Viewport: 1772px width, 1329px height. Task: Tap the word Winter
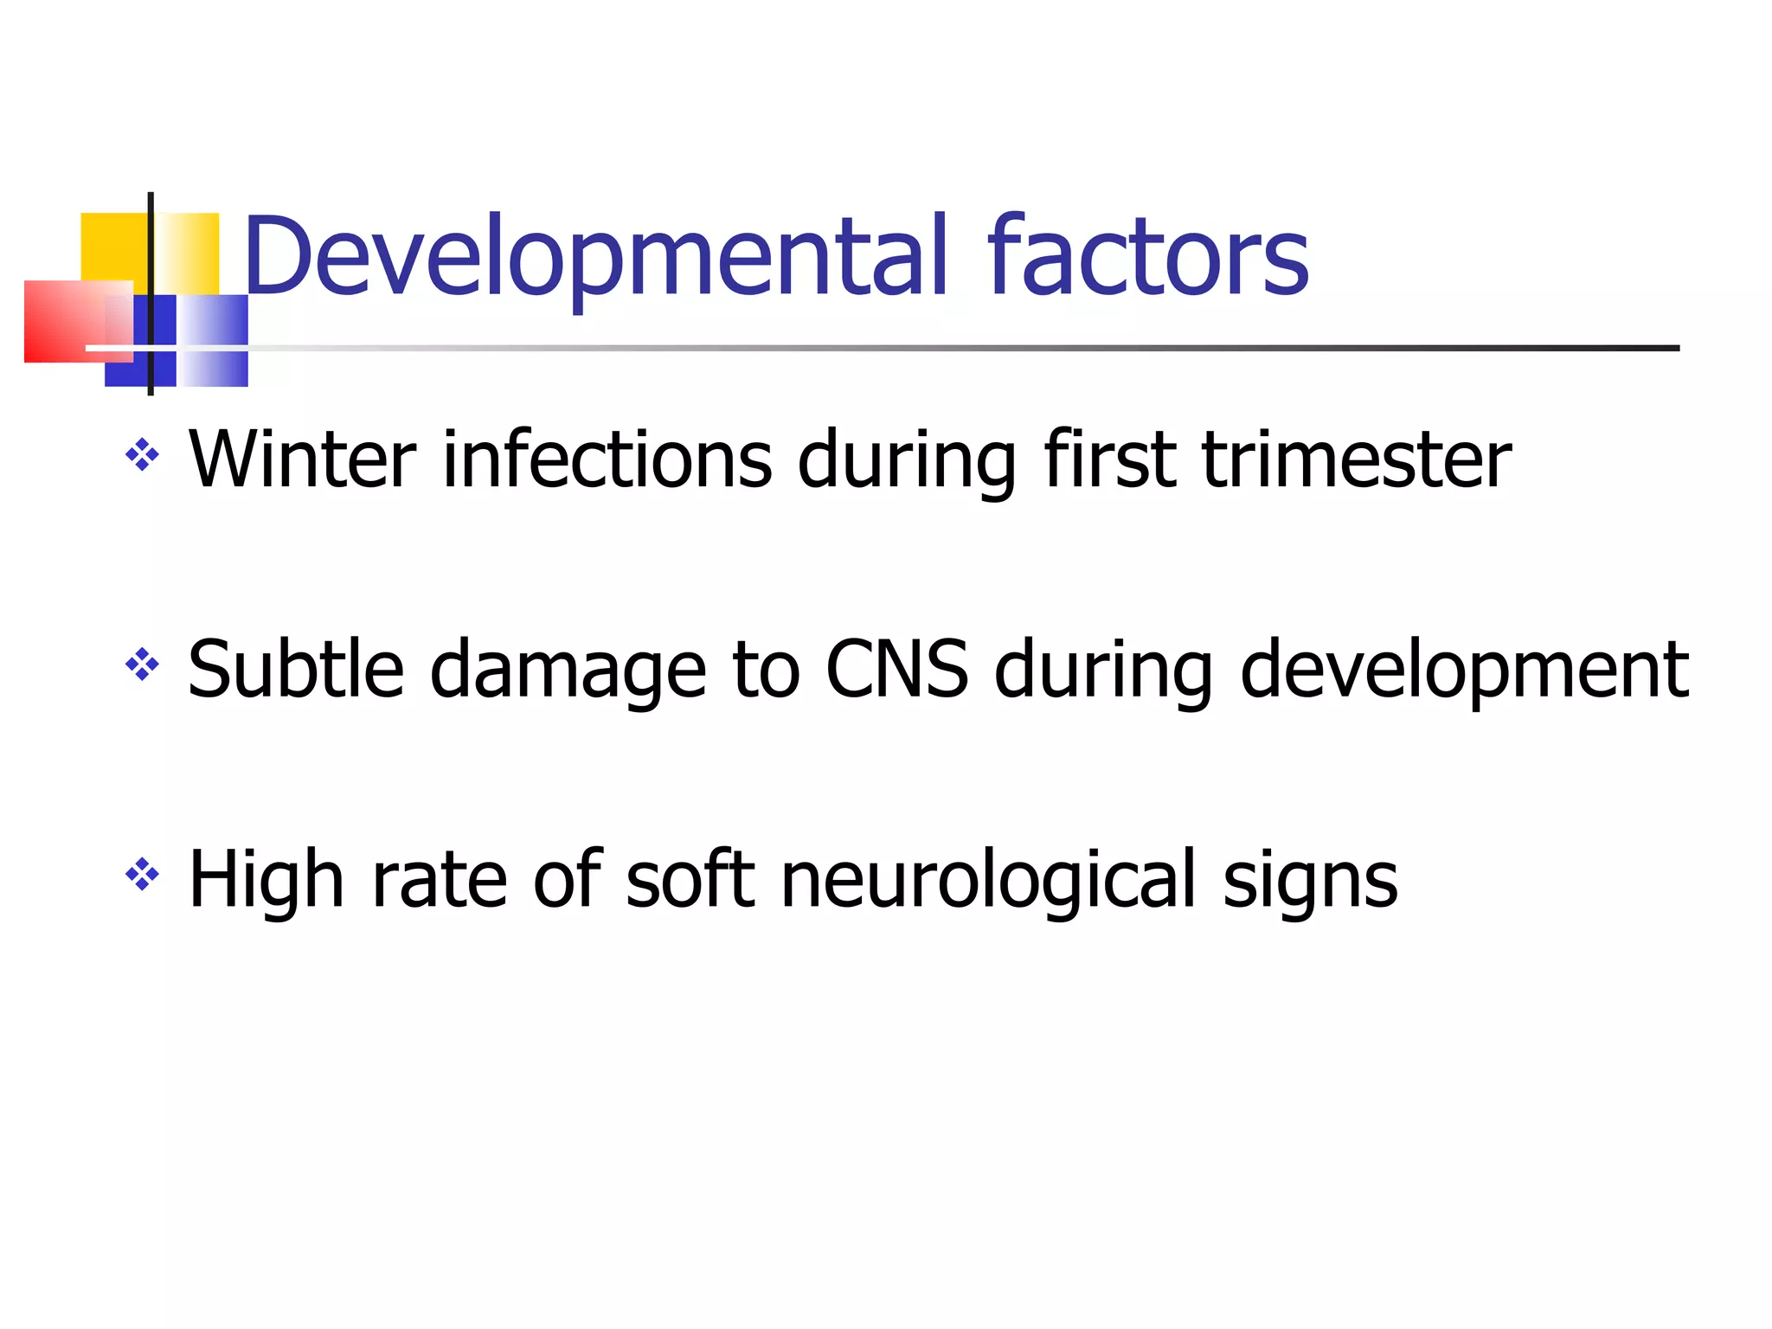click(303, 459)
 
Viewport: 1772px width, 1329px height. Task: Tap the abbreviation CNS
click(897, 669)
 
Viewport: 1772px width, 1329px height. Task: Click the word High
click(266, 880)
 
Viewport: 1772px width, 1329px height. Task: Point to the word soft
click(690, 880)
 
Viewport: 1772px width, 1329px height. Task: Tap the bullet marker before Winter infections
click(143, 454)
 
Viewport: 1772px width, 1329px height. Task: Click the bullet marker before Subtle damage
click(143, 664)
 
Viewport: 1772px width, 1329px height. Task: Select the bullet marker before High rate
click(143, 875)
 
